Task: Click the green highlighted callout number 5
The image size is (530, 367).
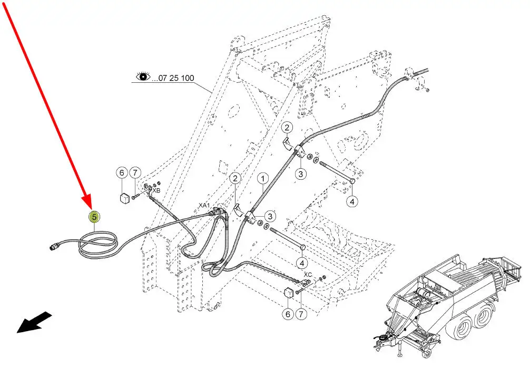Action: point(94,217)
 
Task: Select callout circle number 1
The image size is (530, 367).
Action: point(263,178)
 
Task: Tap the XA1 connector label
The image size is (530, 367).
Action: point(204,205)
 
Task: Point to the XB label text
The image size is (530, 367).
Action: point(156,190)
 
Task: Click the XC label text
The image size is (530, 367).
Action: point(308,275)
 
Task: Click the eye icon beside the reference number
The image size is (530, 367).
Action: point(143,76)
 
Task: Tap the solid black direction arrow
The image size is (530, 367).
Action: point(34,322)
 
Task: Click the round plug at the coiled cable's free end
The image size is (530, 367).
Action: point(54,247)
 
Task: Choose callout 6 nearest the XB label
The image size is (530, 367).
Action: point(122,173)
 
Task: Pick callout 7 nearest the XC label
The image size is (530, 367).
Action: point(301,314)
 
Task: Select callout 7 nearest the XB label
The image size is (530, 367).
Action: point(135,173)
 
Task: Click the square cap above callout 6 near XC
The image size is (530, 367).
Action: point(288,292)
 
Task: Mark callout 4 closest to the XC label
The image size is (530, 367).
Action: point(302,263)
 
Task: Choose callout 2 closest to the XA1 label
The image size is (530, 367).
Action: point(235,178)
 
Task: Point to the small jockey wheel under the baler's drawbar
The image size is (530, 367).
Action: point(429,354)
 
